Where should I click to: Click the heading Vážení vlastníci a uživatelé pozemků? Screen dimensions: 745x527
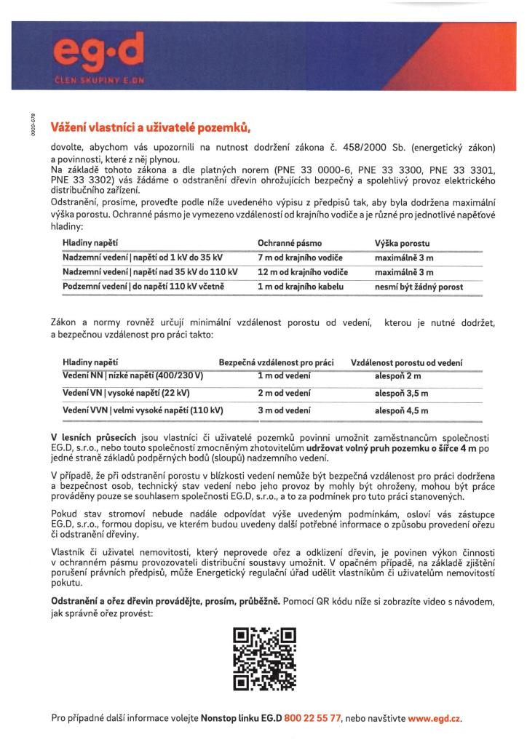150,129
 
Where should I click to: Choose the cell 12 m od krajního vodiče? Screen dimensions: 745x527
303,272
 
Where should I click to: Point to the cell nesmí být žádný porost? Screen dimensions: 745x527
419,287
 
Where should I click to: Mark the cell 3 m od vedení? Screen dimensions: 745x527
285,410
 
